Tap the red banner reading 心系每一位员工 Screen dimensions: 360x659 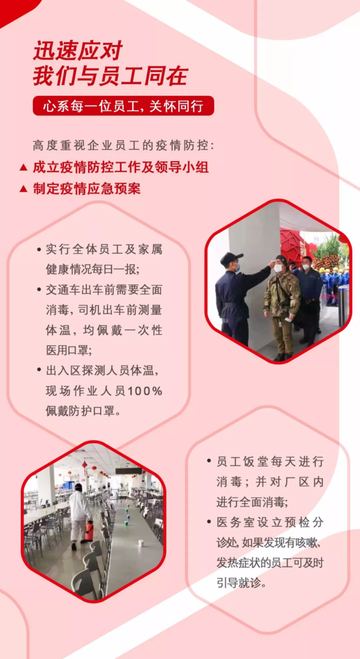pos(123,106)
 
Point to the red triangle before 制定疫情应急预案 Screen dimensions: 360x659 pos(23,189)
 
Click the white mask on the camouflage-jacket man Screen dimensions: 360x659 pos(278,268)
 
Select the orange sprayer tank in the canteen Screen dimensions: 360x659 pos(89,531)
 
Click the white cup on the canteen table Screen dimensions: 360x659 pos(141,543)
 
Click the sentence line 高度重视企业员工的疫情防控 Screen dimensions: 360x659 pos(123,146)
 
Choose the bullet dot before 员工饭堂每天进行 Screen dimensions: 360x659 pos(209,461)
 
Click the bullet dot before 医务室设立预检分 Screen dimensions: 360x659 pos(209,522)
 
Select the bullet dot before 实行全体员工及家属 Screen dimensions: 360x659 pos(39,249)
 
